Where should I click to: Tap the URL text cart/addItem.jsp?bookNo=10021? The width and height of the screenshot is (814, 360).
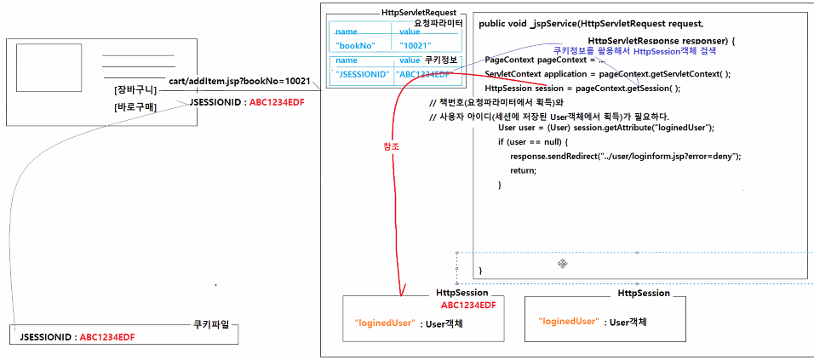pyautogui.click(x=239, y=81)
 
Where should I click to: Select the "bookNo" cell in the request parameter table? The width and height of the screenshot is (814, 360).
pyautogui.click(x=357, y=45)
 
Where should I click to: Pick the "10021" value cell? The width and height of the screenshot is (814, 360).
pyautogui.click(x=416, y=45)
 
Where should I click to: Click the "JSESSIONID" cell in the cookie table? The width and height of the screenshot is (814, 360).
pyautogui.click(x=363, y=75)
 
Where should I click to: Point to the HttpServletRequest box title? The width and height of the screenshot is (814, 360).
pyautogui.click(x=420, y=14)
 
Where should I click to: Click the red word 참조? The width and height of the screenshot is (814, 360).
pyautogui.click(x=392, y=146)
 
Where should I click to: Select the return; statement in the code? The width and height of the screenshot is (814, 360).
pyautogui.click(x=523, y=170)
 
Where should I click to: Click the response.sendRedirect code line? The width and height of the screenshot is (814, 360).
pyautogui.click(x=625, y=156)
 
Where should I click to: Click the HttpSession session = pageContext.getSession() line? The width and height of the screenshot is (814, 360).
pyautogui.click(x=582, y=89)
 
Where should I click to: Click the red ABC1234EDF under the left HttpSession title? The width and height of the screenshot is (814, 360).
pyautogui.click(x=467, y=305)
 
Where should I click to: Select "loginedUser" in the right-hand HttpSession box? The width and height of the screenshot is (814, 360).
pyautogui.click(x=567, y=322)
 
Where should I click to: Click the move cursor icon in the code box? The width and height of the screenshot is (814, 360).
pyautogui.click(x=563, y=265)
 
